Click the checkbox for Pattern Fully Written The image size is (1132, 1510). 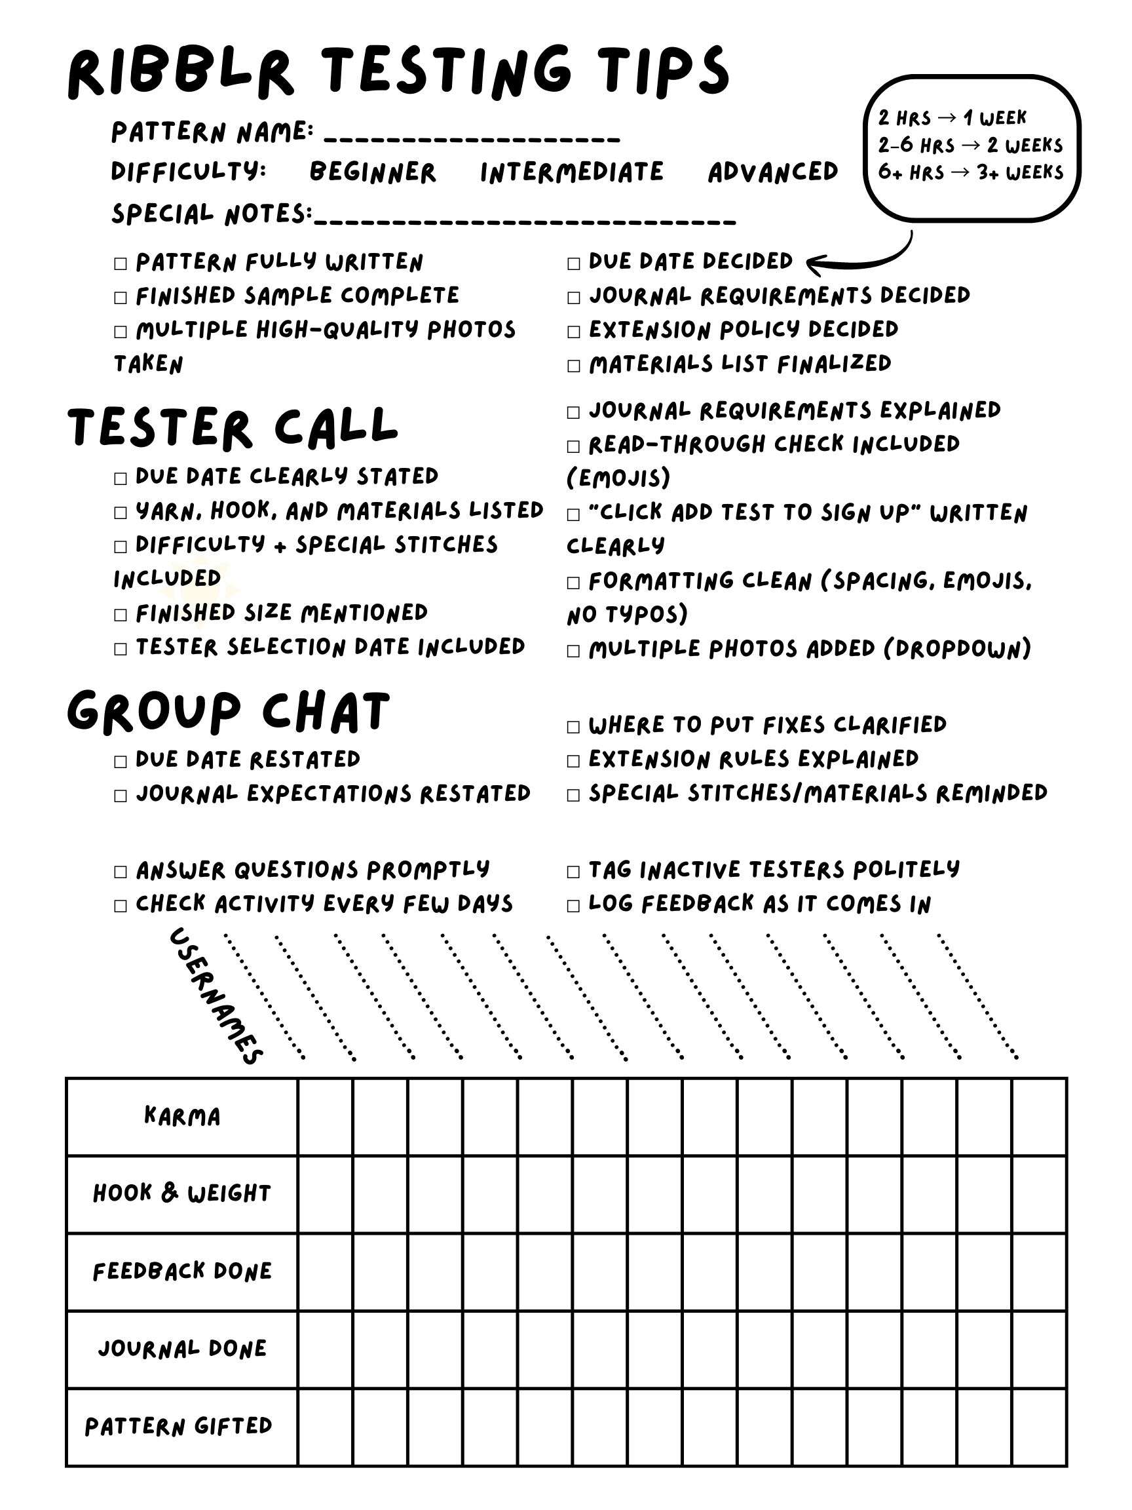(x=121, y=263)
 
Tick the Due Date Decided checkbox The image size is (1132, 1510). (x=573, y=263)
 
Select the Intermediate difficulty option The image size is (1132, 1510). (x=571, y=172)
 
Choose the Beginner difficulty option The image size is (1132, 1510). (x=373, y=172)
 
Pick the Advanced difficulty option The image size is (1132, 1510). (x=772, y=172)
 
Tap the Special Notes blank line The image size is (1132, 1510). (x=525, y=220)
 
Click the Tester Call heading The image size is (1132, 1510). (x=232, y=427)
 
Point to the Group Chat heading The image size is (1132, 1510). (x=228, y=711)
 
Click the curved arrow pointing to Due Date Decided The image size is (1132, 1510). (x=859, y=260)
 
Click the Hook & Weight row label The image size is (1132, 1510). (x=182, y=1193)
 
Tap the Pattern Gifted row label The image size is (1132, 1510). (x=179, y=1426)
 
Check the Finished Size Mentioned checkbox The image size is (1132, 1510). (x=121, y=614)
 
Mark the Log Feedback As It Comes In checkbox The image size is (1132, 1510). (x=573, y=906)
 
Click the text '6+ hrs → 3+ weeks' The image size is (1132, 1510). (x=970, y=172)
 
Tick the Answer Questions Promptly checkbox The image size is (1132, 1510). (x=121, y=872)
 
